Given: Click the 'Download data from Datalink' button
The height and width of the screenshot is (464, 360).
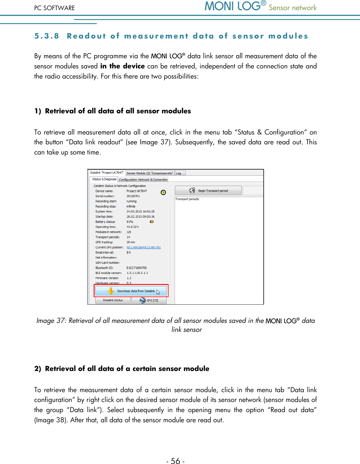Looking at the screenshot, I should click(131, 291).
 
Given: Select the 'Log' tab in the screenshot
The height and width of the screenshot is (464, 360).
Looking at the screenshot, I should click(179, 173).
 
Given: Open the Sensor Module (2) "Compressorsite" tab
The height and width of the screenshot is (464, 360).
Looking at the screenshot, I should click(150, 173).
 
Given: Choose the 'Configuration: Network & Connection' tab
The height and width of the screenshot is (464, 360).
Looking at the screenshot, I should click(143, 180).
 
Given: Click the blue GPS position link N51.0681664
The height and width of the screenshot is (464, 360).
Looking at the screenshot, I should click(144, 248).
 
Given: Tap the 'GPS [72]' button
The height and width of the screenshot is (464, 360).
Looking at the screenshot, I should click(149, 300).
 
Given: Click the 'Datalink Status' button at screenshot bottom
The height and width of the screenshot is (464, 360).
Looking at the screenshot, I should click(113, 300).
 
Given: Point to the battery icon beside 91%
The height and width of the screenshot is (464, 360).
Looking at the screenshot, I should click(151, 222).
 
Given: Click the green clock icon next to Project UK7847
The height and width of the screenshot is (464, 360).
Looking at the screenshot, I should click(163, 192).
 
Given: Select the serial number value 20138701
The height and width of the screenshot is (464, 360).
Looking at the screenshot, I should click(133, 196).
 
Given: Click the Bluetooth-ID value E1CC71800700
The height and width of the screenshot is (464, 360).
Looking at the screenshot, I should click(137, 268).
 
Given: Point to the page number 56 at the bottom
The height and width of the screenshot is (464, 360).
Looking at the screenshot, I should click(176, 461).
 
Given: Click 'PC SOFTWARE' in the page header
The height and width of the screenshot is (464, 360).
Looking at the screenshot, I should click(55, 8).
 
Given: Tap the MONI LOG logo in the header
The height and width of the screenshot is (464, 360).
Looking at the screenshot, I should click(235, 6).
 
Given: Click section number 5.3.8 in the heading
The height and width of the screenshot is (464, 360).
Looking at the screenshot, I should click(47, 36).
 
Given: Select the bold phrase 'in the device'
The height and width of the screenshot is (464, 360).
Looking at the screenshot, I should click(122, 66).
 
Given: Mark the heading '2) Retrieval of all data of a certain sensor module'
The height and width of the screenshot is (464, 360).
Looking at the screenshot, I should click(122, 369).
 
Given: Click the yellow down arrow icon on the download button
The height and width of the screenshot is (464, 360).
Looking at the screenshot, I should click(111, 291).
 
